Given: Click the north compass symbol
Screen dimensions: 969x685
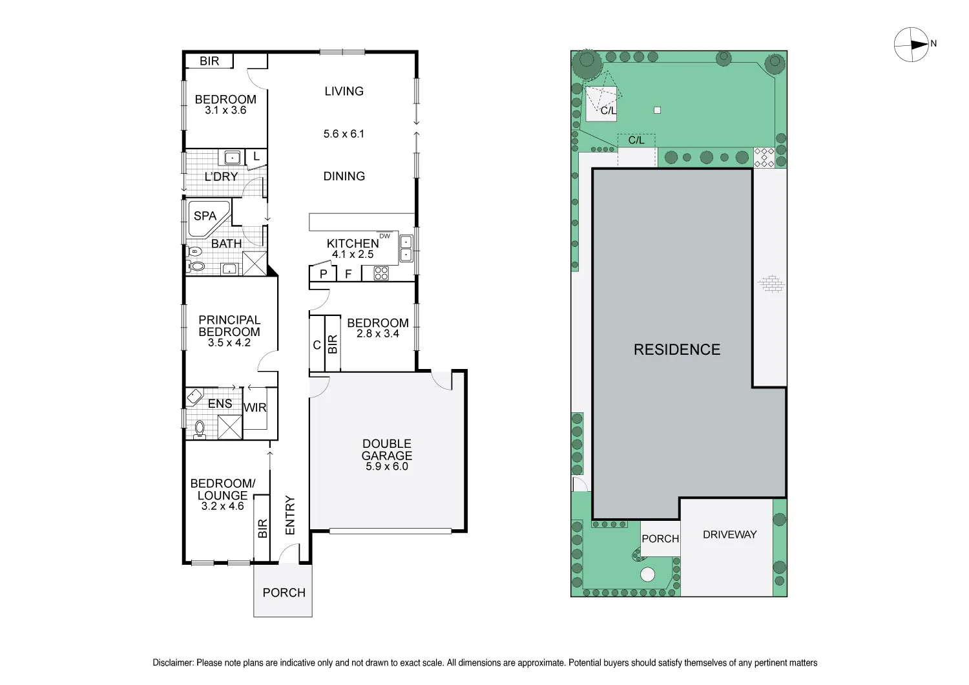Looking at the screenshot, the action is (x=912, y=45).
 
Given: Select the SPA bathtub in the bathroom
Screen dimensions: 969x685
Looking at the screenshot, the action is (x=208, y=216).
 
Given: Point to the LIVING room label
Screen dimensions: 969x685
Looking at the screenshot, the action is (x=344, y=91).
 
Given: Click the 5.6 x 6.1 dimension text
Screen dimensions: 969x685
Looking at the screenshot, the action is (x=344, y=134).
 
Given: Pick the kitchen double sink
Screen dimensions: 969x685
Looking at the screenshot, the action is (x=406, y=248).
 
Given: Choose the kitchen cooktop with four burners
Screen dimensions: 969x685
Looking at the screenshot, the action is (x=381, y=273).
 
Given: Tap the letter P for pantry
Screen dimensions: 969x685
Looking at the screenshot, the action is (x=324, y=274).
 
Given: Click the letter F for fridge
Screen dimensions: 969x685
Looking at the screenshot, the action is (x=348, y=274).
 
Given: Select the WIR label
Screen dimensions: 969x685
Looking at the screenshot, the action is (x=255, y=408).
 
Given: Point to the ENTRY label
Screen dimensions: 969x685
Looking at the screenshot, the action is (x=290, y=515).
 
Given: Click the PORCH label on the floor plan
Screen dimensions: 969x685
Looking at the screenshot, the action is (x=284, y=593).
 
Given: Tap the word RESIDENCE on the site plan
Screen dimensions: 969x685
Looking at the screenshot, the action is (x=676, y=350).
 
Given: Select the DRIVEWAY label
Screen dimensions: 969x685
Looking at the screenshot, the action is (x=729, y=534).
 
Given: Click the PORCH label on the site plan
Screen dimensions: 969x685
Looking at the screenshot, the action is (x=660, y=539).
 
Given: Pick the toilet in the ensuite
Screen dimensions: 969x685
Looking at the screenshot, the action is (x=199, y=428).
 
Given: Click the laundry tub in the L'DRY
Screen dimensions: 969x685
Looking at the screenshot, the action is (x=231, y=157).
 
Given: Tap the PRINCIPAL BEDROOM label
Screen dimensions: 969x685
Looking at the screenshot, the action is (x=229, y=326).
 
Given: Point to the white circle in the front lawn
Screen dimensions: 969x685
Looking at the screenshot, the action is (x=647, y=574).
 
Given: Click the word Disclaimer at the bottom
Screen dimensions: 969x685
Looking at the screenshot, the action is (x=172, y=662).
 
